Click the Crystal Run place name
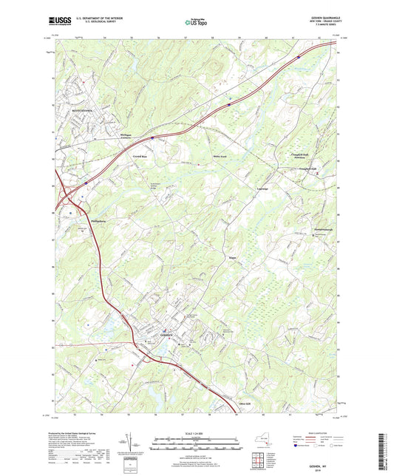coord(140,157)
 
